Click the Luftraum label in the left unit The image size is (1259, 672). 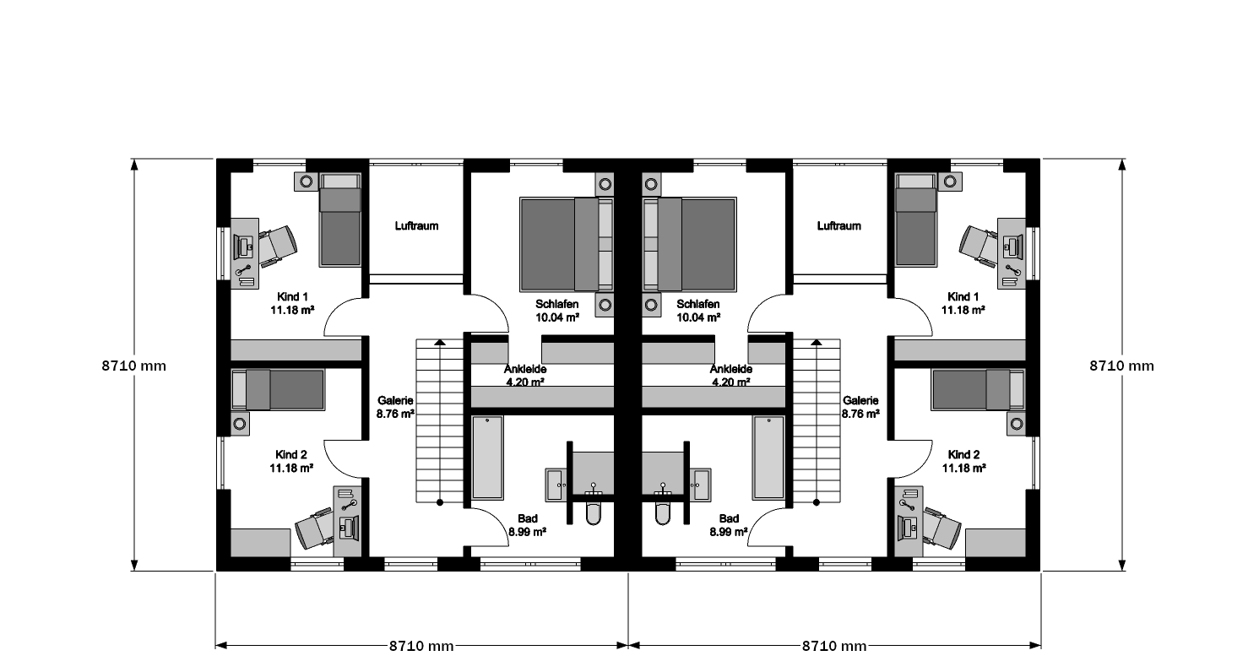[x=416, y=226]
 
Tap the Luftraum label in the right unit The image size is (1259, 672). [x=838, y=226]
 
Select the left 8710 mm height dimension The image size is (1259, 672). [x=133, y=366]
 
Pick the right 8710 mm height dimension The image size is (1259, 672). [x=1122, y=366]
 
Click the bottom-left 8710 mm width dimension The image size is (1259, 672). [x=421, y=646]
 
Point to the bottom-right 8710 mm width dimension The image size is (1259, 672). [x=834, y=646]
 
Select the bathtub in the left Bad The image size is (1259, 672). [x=487, y=458]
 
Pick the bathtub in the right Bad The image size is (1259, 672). [x=768, y=458]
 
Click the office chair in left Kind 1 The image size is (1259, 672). [x=277, y=247]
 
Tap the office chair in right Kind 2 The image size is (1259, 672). [x=942, y=527]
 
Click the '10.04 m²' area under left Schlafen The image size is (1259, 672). [x=557, y=317]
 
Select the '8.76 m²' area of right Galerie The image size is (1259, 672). [x=860, y=415]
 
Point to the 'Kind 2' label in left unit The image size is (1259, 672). [x=291, y=454]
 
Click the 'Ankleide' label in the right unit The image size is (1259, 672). [x=730, y=369]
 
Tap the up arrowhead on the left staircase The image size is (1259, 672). [x=440, y=342]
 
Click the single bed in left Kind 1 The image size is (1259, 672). [x=340, y=219]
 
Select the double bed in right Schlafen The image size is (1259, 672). [x=689, y=245]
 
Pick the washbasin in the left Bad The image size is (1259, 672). [x=557, y=484]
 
